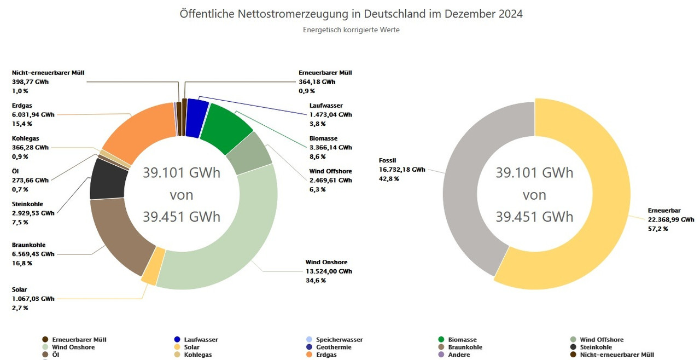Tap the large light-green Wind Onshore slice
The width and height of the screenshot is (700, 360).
(x=230, y=246)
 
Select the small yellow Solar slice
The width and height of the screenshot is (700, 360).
(x=149, y=272)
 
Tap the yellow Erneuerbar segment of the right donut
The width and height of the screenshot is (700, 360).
(x=591, y=219)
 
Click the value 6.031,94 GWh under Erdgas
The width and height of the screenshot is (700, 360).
(x=33, y=115)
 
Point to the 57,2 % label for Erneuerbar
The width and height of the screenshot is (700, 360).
(x=658, y=229)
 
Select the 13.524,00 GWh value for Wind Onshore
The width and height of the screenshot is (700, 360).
(x=328, y=271)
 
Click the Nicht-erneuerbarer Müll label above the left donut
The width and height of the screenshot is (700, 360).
(x=48, y=73)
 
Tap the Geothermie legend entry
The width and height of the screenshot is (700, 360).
(x=332, y=347)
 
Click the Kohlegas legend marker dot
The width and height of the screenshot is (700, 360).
(x=177, y=355)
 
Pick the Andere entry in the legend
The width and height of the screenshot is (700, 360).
(x=458, y=355)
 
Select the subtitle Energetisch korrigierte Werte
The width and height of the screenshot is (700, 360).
(x=351, y=30)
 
